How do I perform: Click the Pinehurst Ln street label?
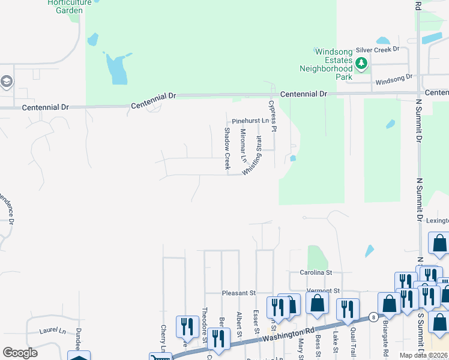pos(250,121)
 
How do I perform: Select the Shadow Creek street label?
pos(228,148)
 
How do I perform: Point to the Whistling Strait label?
pos(252,156)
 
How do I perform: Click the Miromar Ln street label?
pos(243,146)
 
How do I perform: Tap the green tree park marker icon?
pos(361,62)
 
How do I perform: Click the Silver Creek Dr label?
pos(378,50)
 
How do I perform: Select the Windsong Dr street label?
pos(394,77)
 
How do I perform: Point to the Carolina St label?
pos(316,272)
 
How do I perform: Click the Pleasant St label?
pos(239,293)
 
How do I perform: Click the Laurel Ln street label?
pos(52,331)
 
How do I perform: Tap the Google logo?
pos(20,353)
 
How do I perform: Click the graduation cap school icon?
pos(6,82)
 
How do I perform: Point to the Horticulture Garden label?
pos(74,7)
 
